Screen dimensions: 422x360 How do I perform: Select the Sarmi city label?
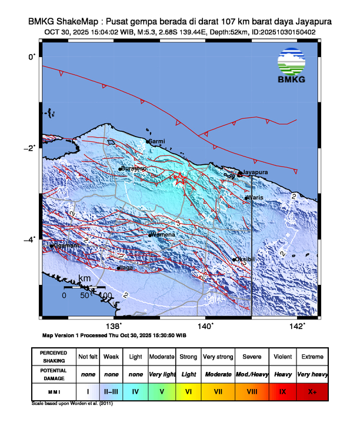coord(157,142)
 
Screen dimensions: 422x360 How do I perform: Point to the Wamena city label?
coord(163,234)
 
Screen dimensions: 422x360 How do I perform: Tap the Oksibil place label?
coord(245,259)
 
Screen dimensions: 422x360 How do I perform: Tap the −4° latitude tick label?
coord(30,239)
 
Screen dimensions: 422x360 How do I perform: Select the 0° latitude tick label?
coord(32,56)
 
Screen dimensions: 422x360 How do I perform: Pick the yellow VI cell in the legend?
coord(188,391)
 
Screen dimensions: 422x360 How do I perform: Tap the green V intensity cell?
coord(162,391)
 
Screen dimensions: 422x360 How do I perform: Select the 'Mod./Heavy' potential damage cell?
coord(252,374)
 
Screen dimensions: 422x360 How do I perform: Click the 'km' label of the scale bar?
coord(85,277)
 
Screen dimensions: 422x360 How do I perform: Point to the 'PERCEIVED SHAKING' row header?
coord(54,357)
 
